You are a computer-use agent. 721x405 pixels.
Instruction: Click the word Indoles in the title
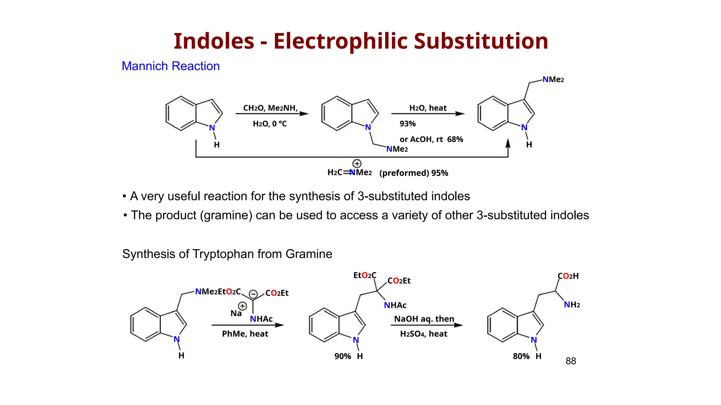point(214,41)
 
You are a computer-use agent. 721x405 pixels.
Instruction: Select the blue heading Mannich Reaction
point(170,66)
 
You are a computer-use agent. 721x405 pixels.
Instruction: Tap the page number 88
point(571,361)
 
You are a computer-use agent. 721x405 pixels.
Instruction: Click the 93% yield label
point(407,124)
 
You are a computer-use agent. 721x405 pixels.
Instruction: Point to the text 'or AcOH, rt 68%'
point(431,140)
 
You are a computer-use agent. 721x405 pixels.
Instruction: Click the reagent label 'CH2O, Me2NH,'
point(270,108)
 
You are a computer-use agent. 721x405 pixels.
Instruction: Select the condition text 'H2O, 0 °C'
point(270,124)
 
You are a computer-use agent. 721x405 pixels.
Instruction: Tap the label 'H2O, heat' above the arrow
point(428,108)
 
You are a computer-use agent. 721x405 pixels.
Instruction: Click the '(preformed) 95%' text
point(413,173)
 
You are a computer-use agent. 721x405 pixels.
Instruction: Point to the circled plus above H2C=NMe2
point(357,163)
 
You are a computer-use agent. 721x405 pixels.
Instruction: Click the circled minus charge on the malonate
point(253,294)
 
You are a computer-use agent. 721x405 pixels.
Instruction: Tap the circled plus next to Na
point(243,306)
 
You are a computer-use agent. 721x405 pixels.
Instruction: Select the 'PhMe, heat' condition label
point(245,334)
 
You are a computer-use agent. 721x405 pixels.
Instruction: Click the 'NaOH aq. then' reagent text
point(424,319)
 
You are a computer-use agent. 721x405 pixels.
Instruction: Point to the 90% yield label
point(343,356)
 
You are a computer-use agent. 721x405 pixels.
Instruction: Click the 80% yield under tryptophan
point(521,356)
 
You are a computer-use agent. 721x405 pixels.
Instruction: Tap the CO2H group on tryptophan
point(568,276)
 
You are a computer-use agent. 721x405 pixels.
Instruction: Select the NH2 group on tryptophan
point(572,304)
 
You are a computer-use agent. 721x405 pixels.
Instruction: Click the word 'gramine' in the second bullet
point(226,215)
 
